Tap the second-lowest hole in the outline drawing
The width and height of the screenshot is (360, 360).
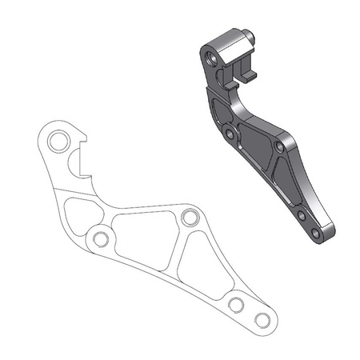pos(236,305)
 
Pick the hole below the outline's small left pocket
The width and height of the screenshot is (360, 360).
pos(100,239)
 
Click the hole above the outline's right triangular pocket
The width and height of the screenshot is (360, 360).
pos(190,218)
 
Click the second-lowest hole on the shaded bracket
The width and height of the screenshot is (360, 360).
pos(300,215)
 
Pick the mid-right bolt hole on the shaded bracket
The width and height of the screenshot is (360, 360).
pos(278,147)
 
